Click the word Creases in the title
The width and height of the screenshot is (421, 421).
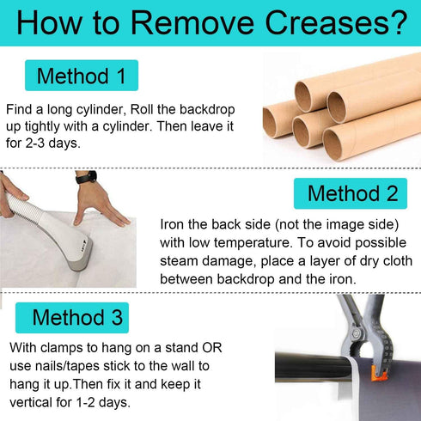pyautogui.click(x=326, y=23)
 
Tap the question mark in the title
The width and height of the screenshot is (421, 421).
pyautogui.click(x=398, y=22)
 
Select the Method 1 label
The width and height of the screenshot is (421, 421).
pyautogui.click(x=82, y=76)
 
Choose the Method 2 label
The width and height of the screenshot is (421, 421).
pyautogui.click(x=351, y=193)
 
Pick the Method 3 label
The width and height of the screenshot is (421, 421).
pyautogui.click(x=72, y=318)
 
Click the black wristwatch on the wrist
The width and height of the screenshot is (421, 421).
pyautogui.click(x=86, y=177)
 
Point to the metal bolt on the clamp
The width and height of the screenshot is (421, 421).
pyautogui.click(x=357, y=333)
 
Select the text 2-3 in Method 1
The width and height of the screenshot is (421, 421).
pyautogui.click(x=35, y=143)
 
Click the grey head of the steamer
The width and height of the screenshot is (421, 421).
pyautogui.click(x=82, y=255)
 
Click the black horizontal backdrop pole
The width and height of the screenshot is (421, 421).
pyautogui.click(x=313, y=368)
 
